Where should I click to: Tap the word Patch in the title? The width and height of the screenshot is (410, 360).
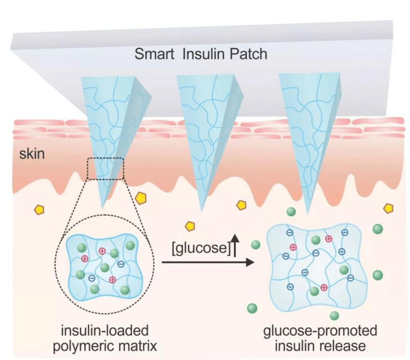(247, 54)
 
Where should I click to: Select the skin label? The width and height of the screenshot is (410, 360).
(32, 154)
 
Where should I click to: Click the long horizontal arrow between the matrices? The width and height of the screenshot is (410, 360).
(208, 262)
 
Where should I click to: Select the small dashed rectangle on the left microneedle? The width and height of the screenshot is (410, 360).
(105, 169)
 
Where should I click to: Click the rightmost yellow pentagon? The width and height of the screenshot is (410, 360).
(389, 208)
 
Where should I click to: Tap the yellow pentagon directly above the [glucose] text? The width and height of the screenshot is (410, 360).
(190, 226)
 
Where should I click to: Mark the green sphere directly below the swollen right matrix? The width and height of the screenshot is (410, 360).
(335, 316)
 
